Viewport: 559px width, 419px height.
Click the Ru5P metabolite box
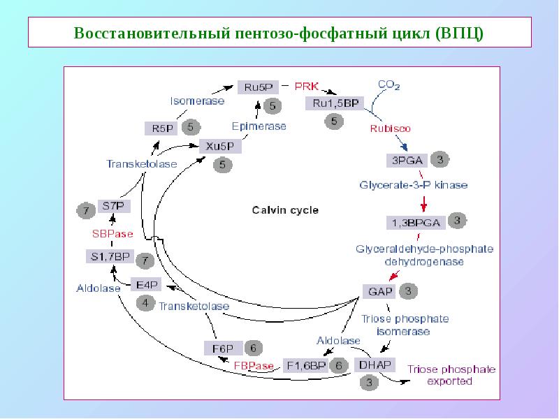tap(259, 87)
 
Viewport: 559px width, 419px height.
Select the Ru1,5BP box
tap(333, 103)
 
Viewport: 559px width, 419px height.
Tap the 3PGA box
tap(406, 160)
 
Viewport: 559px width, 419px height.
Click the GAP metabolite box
tap(377, 290)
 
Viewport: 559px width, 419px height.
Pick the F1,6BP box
tap(305, 365)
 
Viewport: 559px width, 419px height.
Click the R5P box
tap(159, 128)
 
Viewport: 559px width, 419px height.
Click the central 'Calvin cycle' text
tap(275, 209)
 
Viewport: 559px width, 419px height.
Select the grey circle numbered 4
tap(145, 303)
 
